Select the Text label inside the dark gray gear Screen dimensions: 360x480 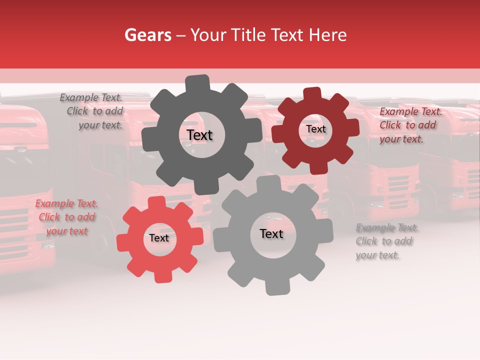coord(199,135)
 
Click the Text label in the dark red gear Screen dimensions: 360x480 coord(315,129)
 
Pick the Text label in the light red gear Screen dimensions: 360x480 coord(159,238)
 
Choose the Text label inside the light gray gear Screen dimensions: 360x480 coord(271,233)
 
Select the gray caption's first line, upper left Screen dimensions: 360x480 coord(91,97)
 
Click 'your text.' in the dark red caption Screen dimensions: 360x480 coord(401,139)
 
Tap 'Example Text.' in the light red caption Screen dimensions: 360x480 coord(66,203)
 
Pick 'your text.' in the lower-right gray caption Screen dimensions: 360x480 coord(377,255)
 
